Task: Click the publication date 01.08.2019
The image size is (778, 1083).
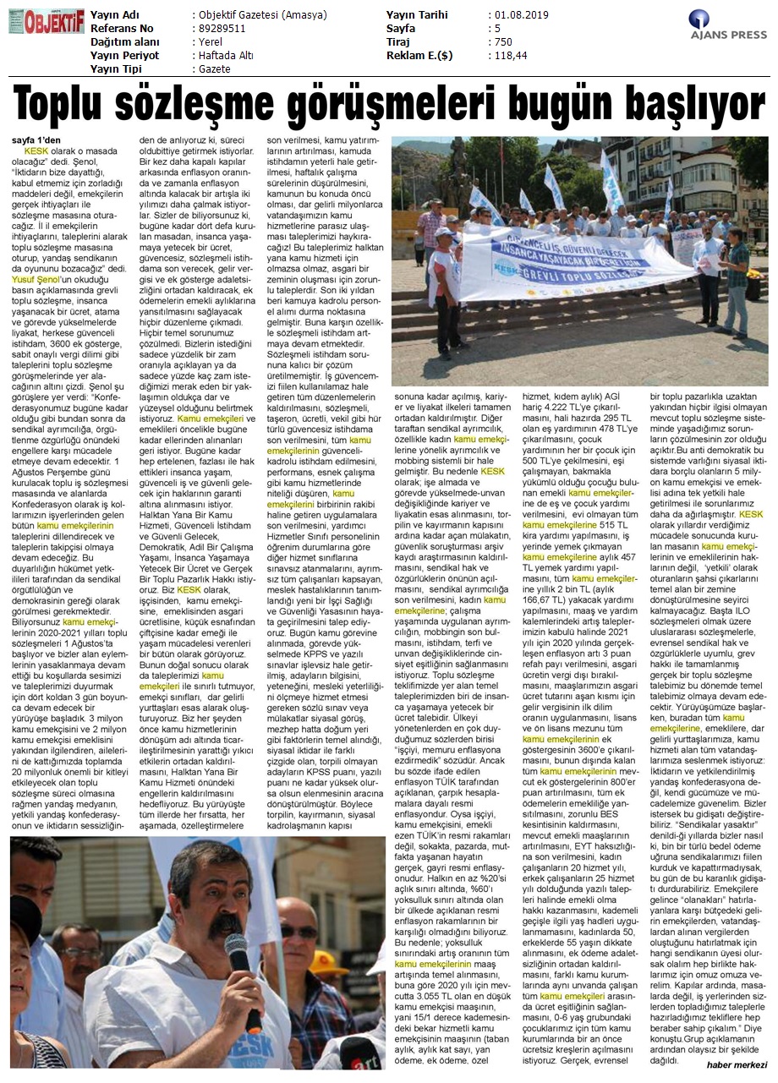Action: (521, 15)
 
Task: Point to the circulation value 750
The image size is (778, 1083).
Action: (504, 42)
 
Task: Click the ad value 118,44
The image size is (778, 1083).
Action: (510, 55)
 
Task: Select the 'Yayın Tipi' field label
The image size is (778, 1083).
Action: (119, 68)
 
